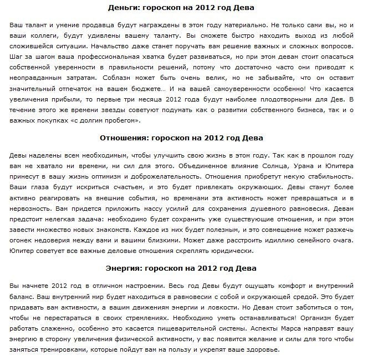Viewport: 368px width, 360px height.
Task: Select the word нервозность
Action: [x=33, y=208]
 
